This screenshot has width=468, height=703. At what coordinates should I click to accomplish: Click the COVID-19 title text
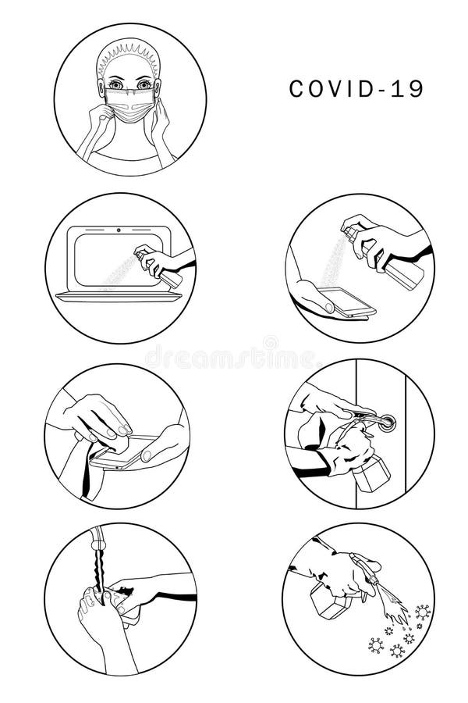tap(356, 89)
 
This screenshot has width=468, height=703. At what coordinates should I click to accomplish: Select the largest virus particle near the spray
tap(422, 611)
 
